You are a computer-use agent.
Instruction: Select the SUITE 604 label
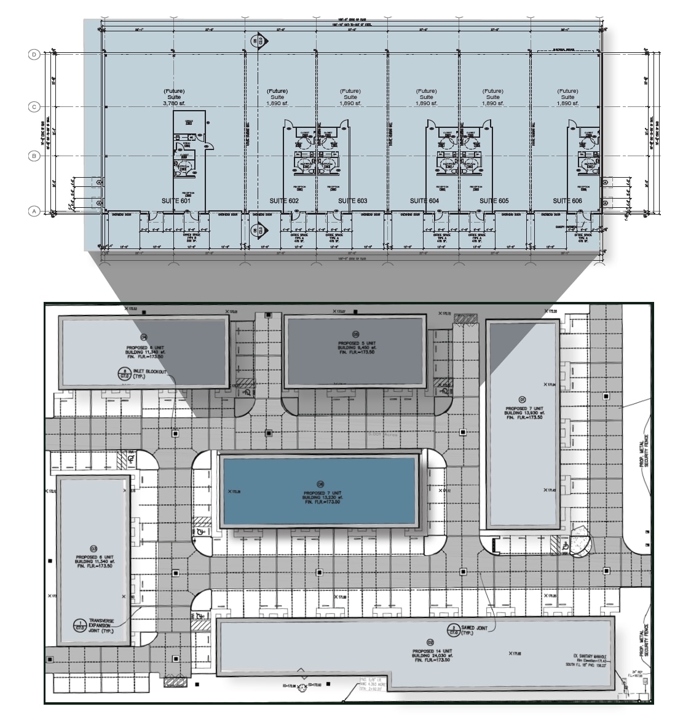425,201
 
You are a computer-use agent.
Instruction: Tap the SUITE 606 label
567,201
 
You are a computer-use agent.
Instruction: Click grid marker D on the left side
34,55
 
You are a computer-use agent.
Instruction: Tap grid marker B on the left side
34,156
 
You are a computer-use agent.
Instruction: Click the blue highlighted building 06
320,491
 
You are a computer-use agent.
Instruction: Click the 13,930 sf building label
523,413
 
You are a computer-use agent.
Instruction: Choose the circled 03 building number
93,549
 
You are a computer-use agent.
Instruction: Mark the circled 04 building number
144,337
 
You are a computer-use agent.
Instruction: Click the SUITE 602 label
284,201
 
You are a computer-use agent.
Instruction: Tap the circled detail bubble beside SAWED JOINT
452,629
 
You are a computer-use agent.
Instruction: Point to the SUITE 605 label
494,201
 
